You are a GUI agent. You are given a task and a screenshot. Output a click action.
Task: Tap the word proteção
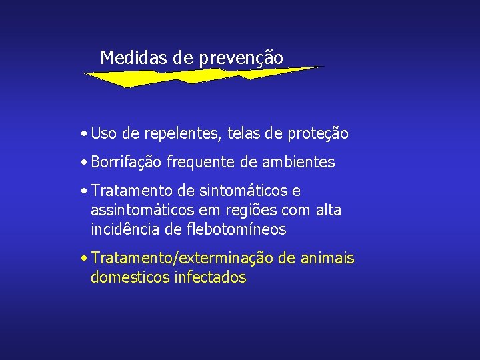pyautogui.click(x=317, y=134)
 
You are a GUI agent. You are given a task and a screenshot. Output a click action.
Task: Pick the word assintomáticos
pyautogui.click(x=139, y=211)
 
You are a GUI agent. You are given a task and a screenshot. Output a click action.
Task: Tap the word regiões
pyautogui.click(x=249, y=211)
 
